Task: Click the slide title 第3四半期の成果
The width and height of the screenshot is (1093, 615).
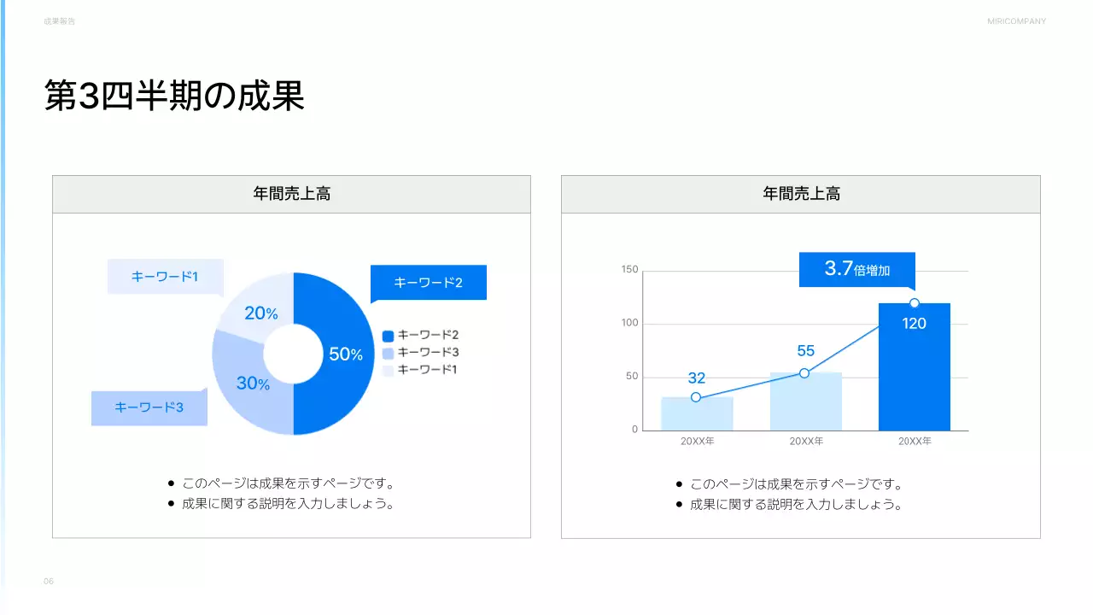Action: [174, 97]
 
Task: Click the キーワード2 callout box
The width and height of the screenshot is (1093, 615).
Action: [428, 283]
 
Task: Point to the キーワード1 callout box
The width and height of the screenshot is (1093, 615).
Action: [165, 277]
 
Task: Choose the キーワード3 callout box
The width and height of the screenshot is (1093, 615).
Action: [149, 407]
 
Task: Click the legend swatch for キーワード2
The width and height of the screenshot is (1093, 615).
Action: [388, 335]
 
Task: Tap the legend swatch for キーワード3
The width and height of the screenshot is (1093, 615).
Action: [388, 353]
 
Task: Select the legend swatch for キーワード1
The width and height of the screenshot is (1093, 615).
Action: [388, 370]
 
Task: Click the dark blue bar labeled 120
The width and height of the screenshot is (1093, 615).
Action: [914, 376]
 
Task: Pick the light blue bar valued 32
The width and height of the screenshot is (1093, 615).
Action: [697, 414]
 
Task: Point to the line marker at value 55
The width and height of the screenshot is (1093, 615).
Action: [804, 373]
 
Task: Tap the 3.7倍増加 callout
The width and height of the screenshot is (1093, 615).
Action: [856, 270]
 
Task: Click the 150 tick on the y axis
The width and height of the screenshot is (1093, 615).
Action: [630, 270]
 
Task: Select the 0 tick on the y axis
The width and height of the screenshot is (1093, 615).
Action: [634, 430]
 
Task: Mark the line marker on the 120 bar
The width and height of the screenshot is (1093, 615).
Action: [915, 303]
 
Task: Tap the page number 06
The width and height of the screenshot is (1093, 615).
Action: [49, 582]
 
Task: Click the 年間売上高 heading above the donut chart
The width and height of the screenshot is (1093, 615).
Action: [291, 194]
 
